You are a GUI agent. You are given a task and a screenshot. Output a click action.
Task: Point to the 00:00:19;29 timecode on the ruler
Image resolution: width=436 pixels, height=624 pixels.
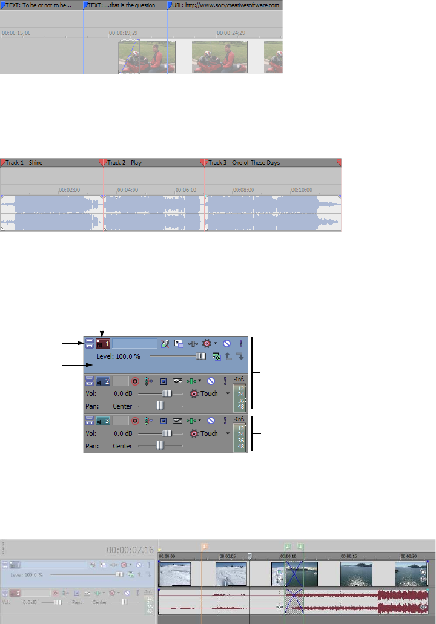click(123, 33)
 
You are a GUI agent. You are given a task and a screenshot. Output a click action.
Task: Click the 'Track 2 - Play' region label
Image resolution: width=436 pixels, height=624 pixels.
click(125, 162)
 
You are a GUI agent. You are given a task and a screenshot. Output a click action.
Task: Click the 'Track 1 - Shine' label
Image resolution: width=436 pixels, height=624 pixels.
click(24, 162)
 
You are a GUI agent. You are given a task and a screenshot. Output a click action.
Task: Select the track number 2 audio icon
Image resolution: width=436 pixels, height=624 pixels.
click(103, 382)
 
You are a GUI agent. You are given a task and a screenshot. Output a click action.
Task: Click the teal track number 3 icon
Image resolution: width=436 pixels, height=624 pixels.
click(103, 420)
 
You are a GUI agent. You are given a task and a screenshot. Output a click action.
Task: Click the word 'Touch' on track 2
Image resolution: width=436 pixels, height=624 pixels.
click(209, 393)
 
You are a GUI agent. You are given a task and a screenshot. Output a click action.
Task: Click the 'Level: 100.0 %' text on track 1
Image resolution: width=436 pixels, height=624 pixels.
click(119, 357)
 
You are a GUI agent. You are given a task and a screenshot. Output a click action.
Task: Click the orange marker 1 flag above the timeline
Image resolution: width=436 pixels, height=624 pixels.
click(205, 545)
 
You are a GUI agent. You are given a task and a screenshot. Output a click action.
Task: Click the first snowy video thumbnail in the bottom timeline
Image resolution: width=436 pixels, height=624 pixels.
click(176, 574)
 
